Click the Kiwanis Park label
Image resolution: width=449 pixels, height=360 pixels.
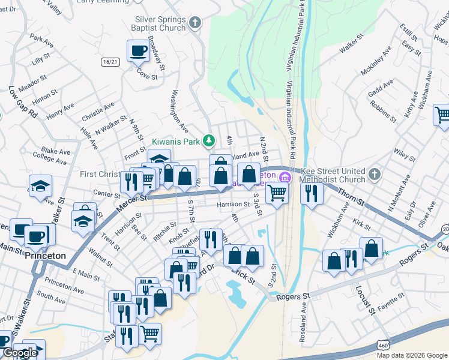(x=175, y=142)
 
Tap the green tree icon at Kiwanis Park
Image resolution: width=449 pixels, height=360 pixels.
(x=208, y=141)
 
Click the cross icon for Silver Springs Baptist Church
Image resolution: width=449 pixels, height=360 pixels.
(x=194, y=23)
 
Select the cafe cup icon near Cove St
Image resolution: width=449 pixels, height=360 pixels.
(x=138, y=51)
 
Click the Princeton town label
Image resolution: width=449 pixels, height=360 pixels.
(x=46, y=256)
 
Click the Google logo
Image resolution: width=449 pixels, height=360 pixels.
(x=20, y=353)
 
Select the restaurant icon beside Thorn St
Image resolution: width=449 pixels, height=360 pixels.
(x=311, y=193)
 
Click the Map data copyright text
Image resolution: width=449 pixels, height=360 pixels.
(x=412, y=355)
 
